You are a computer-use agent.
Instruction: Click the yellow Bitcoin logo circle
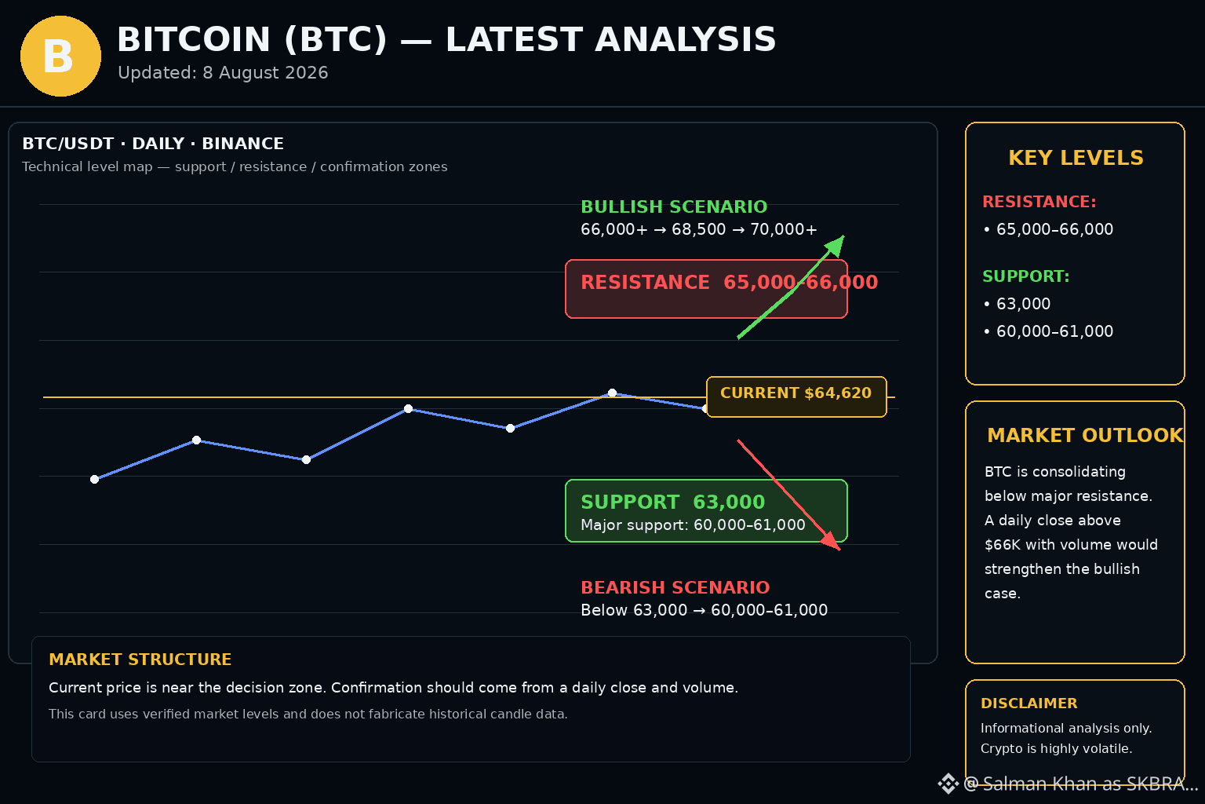60,56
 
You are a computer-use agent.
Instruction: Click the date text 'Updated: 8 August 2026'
223,73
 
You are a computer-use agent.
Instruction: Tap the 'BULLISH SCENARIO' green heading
674,206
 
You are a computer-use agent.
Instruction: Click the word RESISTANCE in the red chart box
645,282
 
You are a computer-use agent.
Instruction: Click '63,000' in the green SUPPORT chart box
729,502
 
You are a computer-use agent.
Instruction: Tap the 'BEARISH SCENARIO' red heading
675,587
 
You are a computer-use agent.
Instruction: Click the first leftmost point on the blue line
95,479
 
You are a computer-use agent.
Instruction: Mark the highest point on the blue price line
612,393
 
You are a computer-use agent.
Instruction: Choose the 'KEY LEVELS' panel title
1076,158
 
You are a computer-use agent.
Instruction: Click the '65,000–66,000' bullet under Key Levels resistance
1054,229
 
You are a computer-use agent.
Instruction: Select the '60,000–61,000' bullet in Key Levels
1054,331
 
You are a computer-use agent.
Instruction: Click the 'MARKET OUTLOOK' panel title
1085,435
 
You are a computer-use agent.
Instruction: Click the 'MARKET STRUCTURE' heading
140,660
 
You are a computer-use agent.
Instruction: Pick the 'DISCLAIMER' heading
1028,703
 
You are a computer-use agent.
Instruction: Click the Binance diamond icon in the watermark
948,784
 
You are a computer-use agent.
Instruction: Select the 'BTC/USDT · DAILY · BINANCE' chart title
153,144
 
